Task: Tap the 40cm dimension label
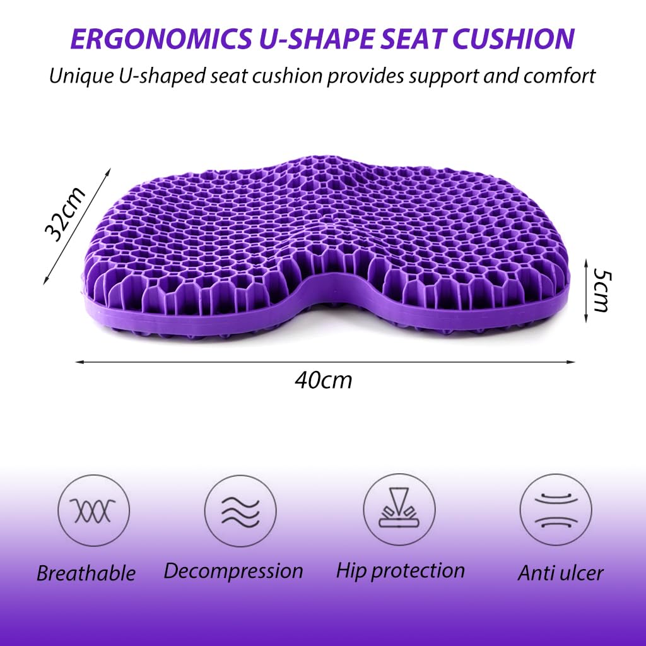323,380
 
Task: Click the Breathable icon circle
93,510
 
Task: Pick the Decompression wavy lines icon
240,510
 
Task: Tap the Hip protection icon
399,510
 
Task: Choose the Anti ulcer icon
556,510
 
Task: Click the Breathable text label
86,573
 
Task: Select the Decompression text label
233,571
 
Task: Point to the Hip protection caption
400,571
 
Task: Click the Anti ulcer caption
561,573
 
